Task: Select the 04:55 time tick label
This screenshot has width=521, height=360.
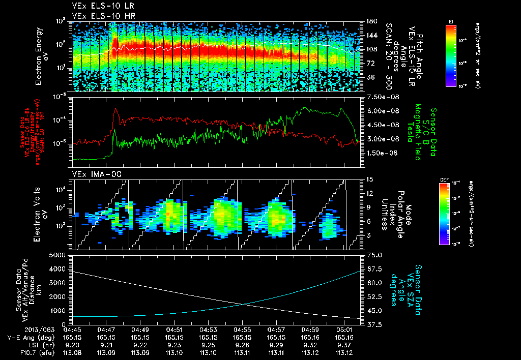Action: coord(242,329)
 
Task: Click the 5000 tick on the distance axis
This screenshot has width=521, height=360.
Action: coord(61,255)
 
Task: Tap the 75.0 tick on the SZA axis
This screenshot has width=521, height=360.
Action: coord(374,255)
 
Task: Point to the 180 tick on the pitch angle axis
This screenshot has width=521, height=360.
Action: coord(370,21)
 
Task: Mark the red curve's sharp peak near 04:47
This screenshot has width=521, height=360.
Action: coord(117,109)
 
